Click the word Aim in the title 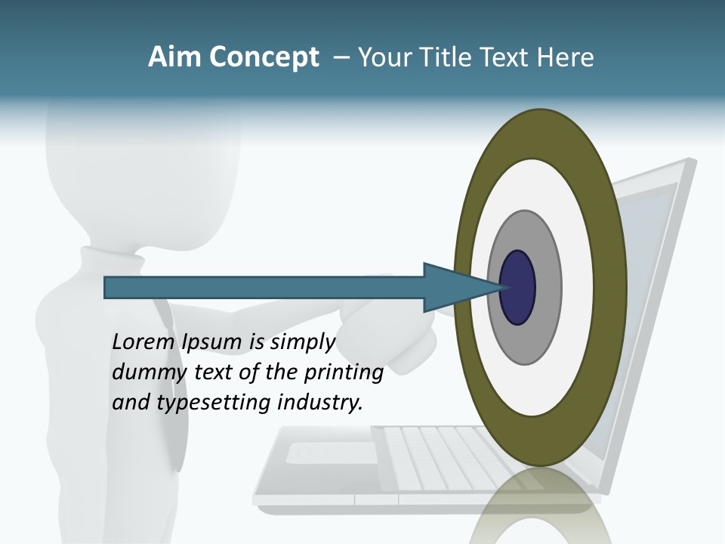(x=174, y=57)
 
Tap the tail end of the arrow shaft (x=110, y=288)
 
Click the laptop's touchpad (x=332, y=453)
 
